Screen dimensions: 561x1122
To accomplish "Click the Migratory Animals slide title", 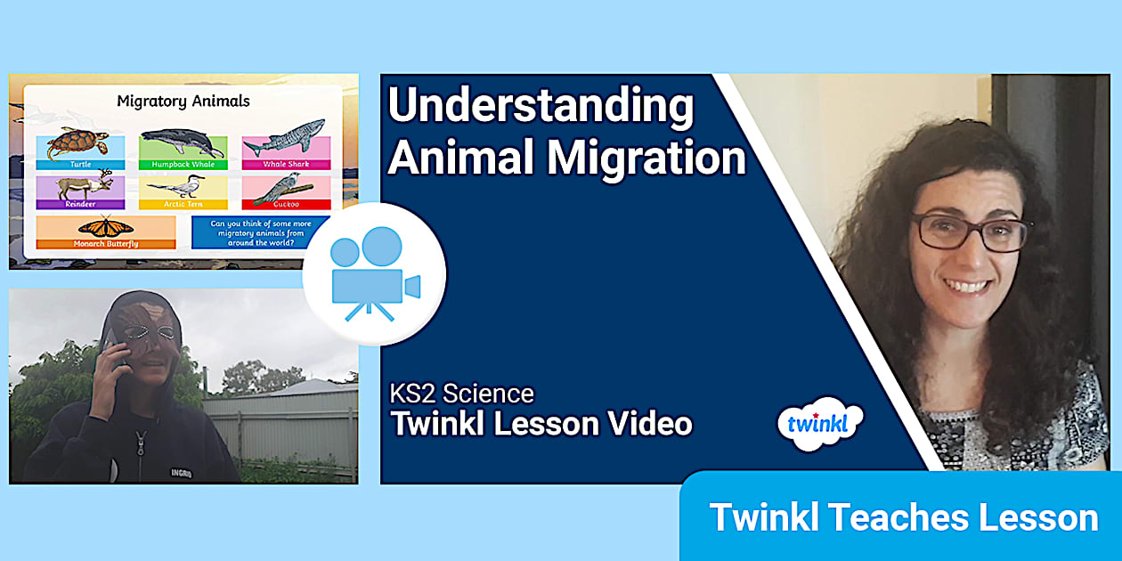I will tap(183, 102).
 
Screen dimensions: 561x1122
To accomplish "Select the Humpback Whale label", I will tap(183, 165).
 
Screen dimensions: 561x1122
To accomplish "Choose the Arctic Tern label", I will tap(183, 204).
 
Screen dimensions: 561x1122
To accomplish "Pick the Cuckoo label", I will tap(286, 204).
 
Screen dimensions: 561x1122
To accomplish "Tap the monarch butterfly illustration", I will tap(106, 227).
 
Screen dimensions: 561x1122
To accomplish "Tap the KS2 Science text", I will tap(461, 394).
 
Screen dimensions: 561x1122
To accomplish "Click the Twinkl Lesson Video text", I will tap(541, 424).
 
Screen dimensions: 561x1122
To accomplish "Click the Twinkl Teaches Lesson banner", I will tap(903, 517).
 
